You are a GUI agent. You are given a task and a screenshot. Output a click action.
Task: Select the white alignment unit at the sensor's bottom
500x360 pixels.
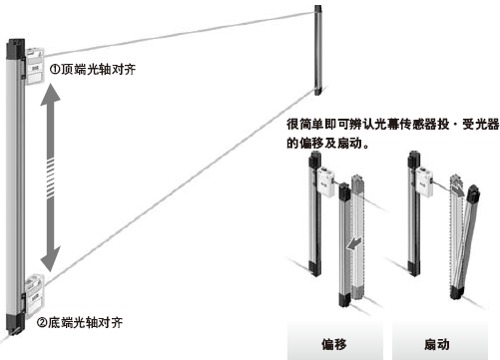33,289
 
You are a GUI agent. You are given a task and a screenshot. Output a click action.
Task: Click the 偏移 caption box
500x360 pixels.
334,345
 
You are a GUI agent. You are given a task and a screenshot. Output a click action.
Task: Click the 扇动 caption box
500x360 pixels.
438,345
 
